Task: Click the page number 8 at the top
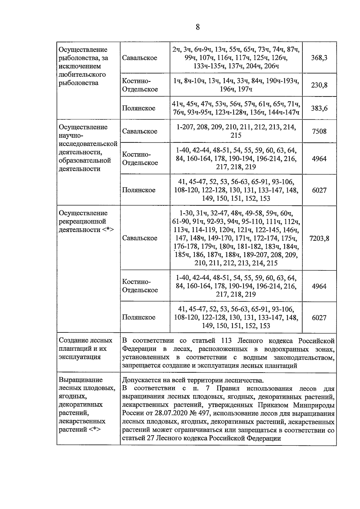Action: [x=197, y=27]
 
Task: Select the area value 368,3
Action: [x=319, y=58]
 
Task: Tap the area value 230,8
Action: [x=319, y=85]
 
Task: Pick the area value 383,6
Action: [x=319, y=108]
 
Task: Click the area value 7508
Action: [x=319, y=131]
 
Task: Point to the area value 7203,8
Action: [x=319, y=238]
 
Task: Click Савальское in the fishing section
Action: [x=139, y=58]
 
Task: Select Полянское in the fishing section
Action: [x=139, y=108]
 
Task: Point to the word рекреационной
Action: [x=82, y=222]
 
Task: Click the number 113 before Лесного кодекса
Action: [x=227, y=341]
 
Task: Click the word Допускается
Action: [x=143, y=381]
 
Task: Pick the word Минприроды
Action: [x=314, y=406]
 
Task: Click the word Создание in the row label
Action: [x=73, y=341]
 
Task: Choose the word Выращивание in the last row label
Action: [x=81, y=380]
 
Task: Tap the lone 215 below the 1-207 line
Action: [x=236, y=135]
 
